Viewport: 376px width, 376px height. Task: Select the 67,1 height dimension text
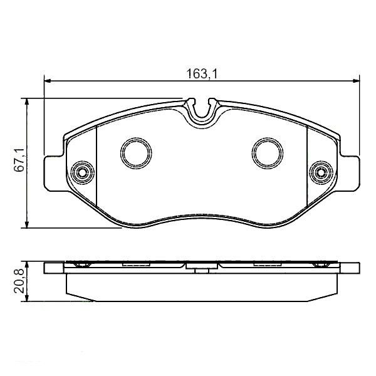click(x=19, y=160)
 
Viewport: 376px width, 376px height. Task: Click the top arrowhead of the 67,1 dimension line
click(x=27, y=101)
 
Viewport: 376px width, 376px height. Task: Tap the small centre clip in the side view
click(x=202, y=270)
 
